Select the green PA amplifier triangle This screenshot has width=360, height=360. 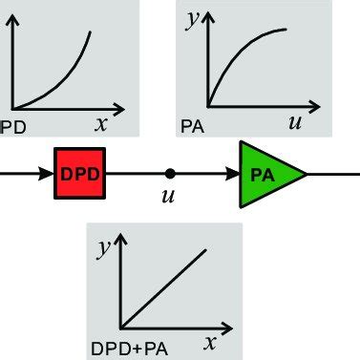pos(267,174)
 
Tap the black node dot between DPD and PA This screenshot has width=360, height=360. pos(169,174)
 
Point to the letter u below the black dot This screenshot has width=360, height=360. pos(170,199)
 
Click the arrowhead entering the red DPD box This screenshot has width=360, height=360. pos(48,174)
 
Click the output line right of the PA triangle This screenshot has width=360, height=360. pos(334,174)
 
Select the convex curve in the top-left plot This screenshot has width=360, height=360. pos(67,81)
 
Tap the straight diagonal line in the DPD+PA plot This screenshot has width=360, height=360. pos(162,286)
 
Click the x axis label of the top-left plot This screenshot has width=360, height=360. pos(101,122)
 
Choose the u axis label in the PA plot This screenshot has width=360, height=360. pos(296,121)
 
